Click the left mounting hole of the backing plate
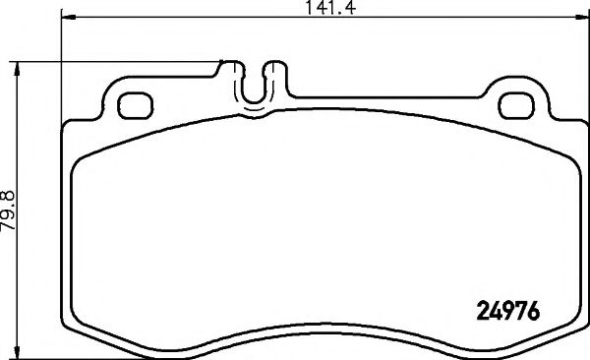133,104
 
